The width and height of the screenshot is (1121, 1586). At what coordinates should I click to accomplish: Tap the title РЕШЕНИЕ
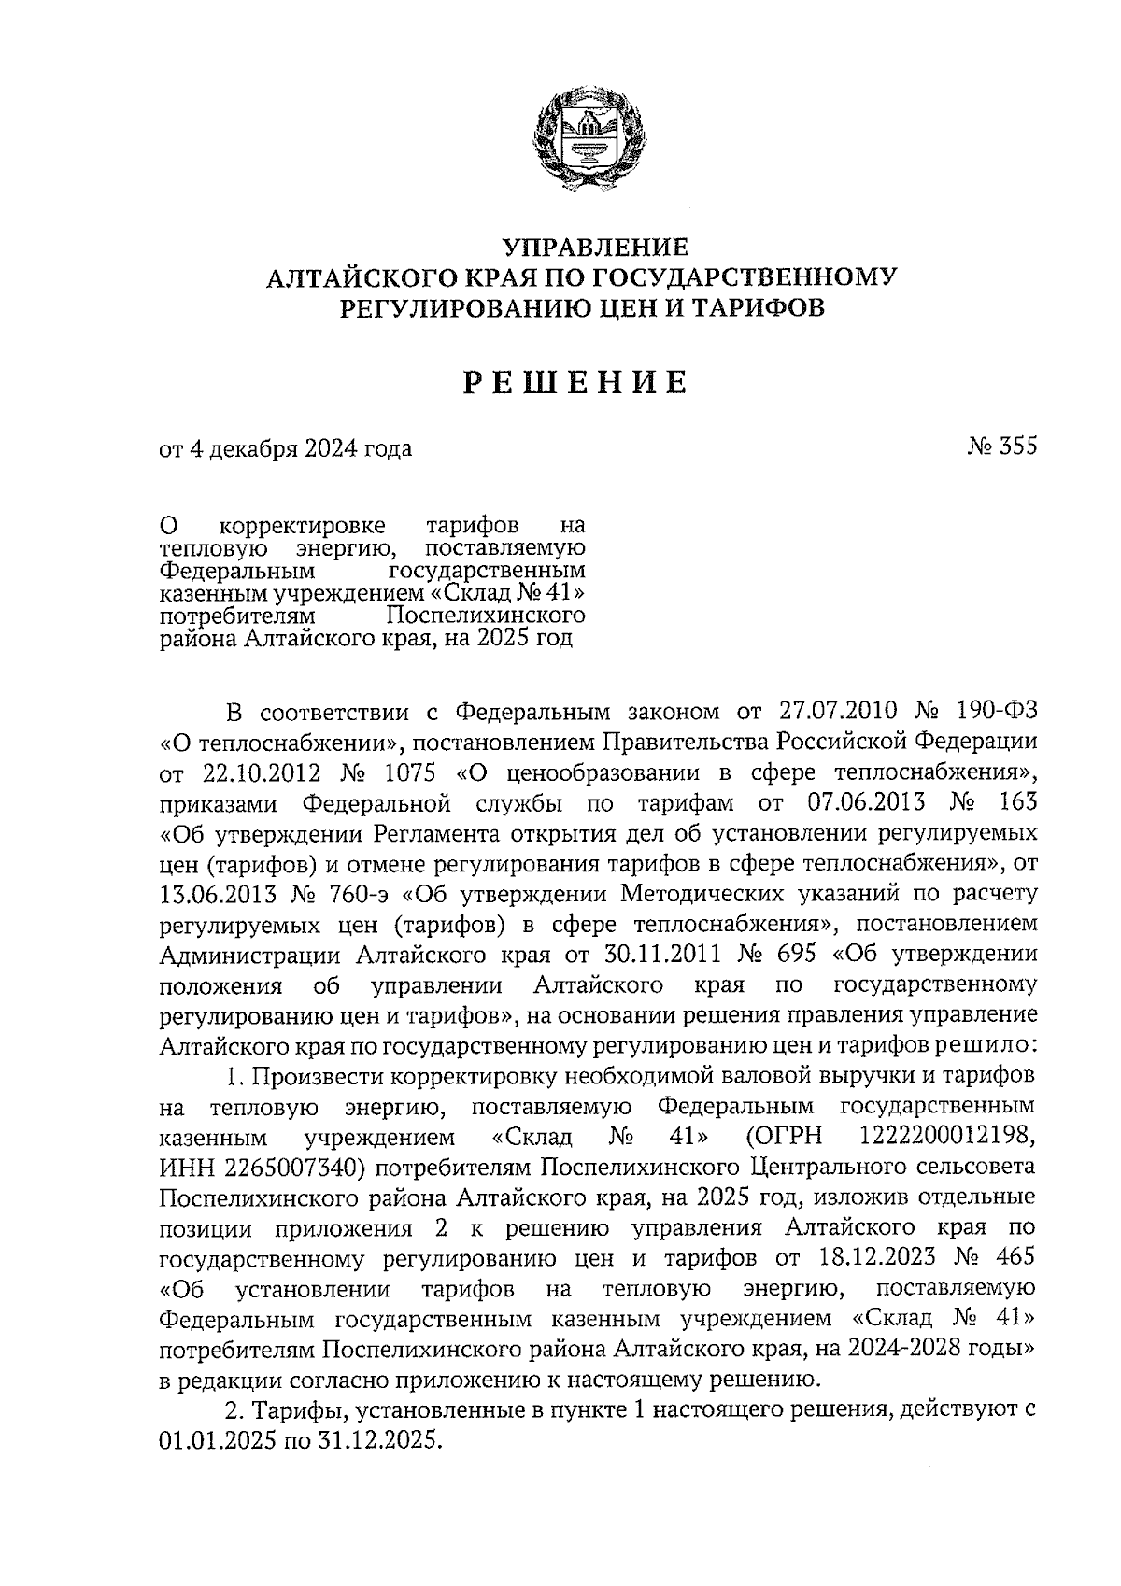click(x=577, y=382)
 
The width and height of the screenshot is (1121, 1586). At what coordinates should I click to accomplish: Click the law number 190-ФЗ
click(x=996, y=712)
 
